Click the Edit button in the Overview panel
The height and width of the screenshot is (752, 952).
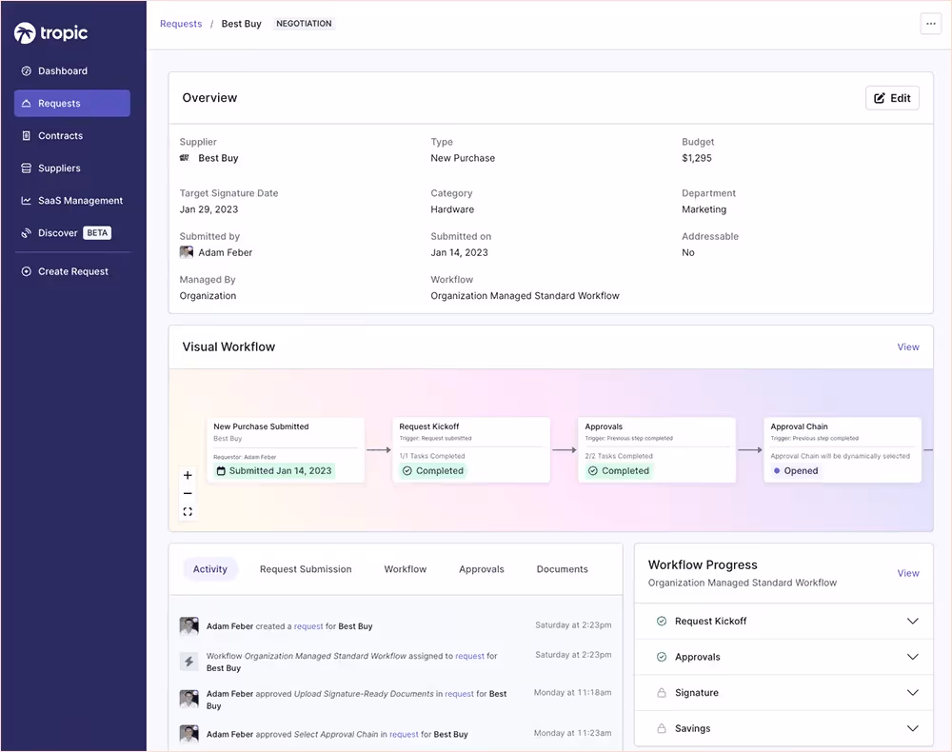[892, 98]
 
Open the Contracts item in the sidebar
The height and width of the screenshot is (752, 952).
[60, 136]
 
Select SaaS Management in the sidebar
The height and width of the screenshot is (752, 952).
[80, 201]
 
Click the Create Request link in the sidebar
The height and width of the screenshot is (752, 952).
[72, 271]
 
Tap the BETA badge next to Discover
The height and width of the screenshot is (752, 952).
[97, 233]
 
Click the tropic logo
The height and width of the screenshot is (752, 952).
[51, 33]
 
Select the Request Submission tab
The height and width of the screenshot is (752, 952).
[306, 569]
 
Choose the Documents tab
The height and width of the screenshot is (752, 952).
[562, 569]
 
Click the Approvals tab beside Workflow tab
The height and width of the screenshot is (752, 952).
[482, 569]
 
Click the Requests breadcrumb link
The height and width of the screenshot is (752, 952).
[181, 24]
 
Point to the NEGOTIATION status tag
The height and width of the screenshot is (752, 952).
[304, 24]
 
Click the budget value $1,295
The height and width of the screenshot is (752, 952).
[697, 158]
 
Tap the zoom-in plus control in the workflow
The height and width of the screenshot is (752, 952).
[188, 475]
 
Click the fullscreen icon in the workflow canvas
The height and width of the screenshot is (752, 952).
[188, 511]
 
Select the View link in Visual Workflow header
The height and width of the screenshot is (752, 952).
[908, 347]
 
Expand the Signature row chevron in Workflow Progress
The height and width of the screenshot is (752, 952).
[912, 693]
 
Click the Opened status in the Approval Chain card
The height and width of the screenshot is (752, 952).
[801, 470]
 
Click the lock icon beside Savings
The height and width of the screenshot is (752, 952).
[662, 729]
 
